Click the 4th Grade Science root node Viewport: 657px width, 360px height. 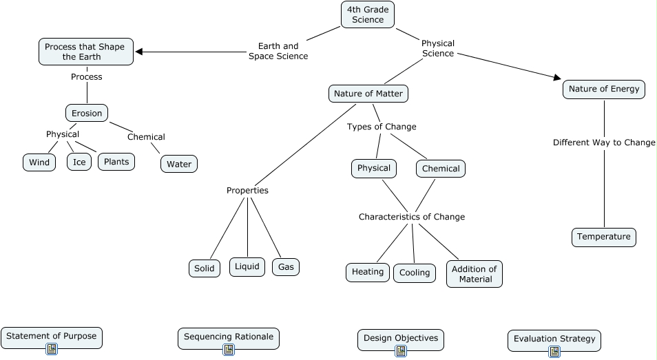coord(368,14)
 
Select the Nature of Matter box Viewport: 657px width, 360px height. coord(368,93)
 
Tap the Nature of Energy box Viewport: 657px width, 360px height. coord(604,89)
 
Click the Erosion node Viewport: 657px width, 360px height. coord(87,113)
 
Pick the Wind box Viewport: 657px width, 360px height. coord(40,162)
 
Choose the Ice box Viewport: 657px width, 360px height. coord(79,162)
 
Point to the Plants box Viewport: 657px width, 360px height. coord(116,161)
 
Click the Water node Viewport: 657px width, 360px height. coord(179,164)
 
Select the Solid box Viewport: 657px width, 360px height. coord(205,268)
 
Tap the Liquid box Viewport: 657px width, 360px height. coord(247,266)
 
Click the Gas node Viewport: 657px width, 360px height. coord(286,266)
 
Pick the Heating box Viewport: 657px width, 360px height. coord(368,272)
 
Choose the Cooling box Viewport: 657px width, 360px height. coord(415,273)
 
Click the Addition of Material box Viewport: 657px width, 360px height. coord(475,274)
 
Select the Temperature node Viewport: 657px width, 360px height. coord(603,237)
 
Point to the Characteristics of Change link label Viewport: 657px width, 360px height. coord(411,217)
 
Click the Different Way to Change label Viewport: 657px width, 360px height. coord(604,142)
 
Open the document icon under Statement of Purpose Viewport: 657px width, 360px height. coord(52,349)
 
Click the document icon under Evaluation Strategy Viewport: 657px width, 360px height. coord(554,352)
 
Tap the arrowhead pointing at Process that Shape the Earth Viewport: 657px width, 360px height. coord(139,52)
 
